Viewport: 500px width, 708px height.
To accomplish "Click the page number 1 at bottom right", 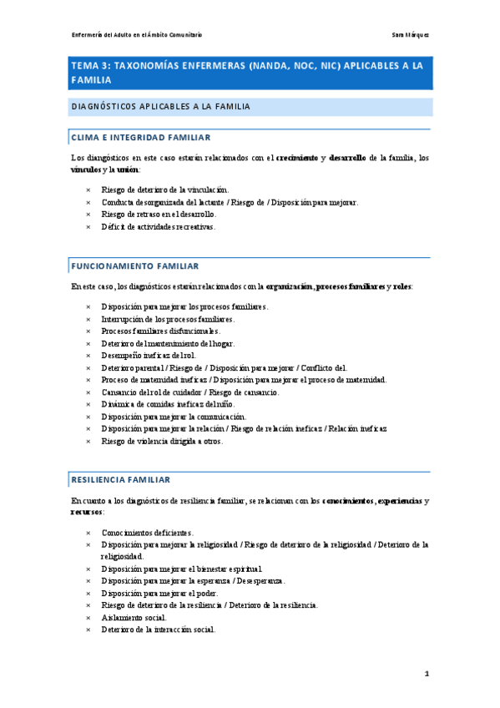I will coord(427,673).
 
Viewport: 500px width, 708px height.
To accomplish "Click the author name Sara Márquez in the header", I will coord(410,35).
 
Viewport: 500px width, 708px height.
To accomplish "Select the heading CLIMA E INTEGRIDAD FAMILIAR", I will coord(141,137).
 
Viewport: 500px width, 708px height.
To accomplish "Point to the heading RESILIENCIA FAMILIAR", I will coord(121,480).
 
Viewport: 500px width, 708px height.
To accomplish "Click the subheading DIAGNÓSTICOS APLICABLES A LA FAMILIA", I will coord(161,107).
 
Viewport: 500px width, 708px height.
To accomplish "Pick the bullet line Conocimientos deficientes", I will coord(148,532).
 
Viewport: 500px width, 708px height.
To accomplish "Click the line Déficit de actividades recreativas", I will coord(158,226).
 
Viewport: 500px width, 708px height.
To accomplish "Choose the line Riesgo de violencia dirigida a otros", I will coord(163,441).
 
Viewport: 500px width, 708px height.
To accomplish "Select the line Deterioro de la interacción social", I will coord(159,630).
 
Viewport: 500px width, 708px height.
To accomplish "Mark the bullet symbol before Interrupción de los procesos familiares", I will coord(88,319).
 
